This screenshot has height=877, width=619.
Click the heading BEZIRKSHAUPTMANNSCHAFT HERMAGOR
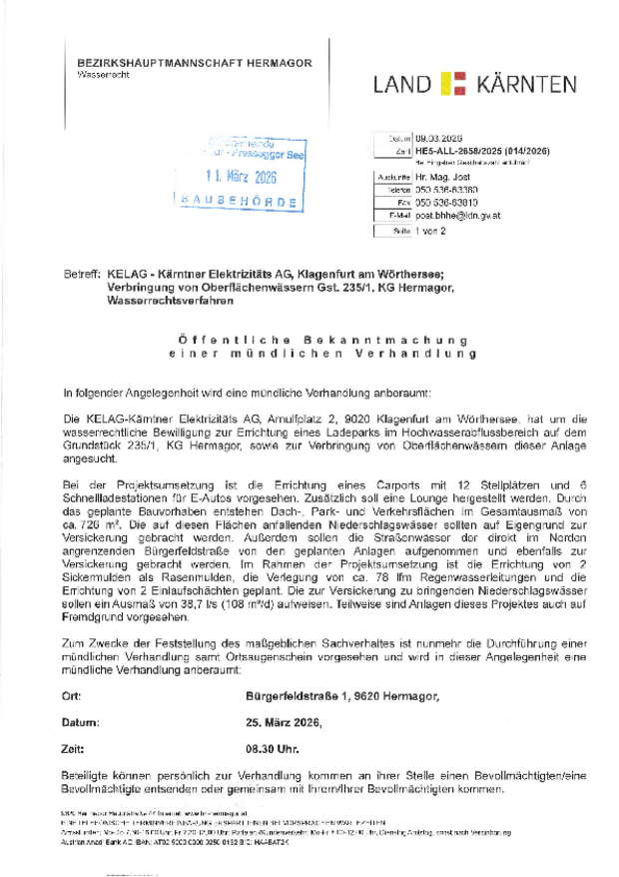(x=194, y=63)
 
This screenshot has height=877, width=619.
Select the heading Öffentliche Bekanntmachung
(x=309, y=341)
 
